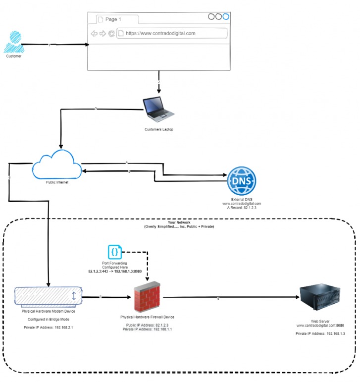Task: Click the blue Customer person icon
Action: (x=13, y=42)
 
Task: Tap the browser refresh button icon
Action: (x=111, y=34)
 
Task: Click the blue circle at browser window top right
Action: (x=226, y=16)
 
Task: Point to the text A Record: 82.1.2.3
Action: (x=241, y=208)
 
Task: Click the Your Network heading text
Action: (x=179, y=222)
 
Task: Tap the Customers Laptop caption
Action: (x=158, y=130)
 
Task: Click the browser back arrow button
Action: (x=94, y=34)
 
